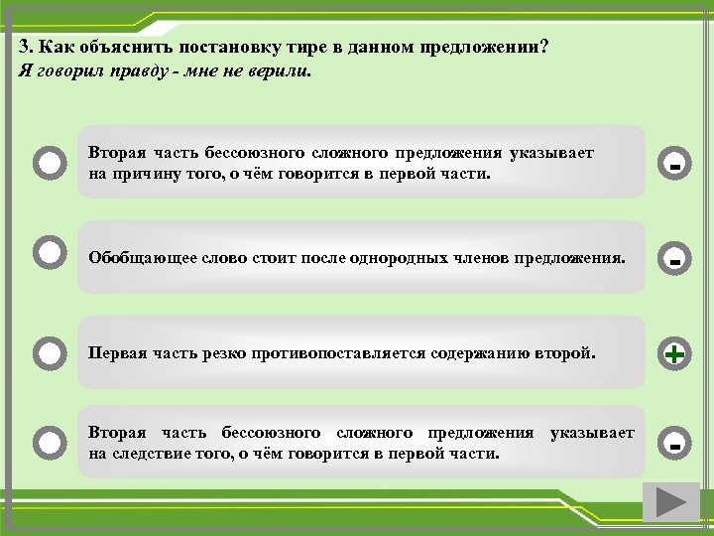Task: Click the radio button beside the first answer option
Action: coord(49,162)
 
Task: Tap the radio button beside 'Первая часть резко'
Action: coord(49,351)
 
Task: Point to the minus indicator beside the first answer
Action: coord(674,164)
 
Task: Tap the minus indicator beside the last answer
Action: coord(674,445)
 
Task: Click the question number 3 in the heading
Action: coord(24,50)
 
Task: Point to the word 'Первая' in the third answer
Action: coord(114,352)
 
